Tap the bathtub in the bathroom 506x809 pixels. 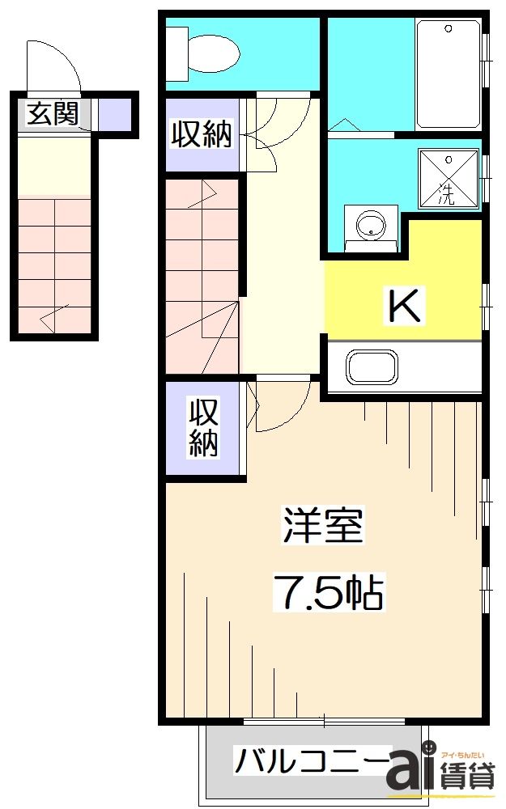point(448,74)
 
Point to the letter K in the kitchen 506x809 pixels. point(404,306)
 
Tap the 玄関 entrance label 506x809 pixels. point(52,114)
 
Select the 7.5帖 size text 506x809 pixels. point(327,593)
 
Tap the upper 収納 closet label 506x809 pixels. point(201,134)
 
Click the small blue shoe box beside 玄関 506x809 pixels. point(113,114)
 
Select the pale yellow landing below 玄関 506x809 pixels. point(53,166)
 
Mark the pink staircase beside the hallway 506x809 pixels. point(202,275)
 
